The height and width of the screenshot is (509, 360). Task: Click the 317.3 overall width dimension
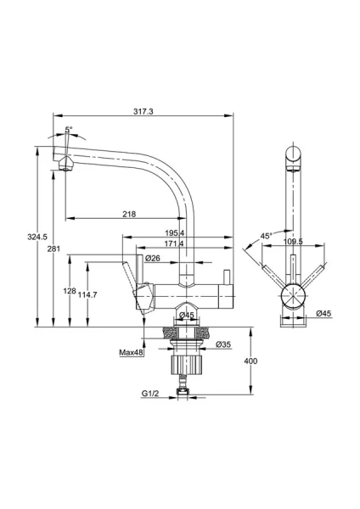coord(143,111)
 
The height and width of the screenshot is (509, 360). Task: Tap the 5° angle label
coord(69,129)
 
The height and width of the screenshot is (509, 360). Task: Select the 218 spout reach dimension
coord(129,214)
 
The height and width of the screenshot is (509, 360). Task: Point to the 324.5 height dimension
coord(37,237)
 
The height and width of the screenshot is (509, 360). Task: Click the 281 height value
coord(54,249)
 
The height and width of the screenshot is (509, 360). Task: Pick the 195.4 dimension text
coord(174,232)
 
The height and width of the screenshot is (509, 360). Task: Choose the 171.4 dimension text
coord(174,243)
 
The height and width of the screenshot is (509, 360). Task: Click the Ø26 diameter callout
coord(152,258)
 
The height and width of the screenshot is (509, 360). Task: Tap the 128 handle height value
coord(70,290)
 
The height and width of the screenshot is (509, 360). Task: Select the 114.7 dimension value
coord(87,294)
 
